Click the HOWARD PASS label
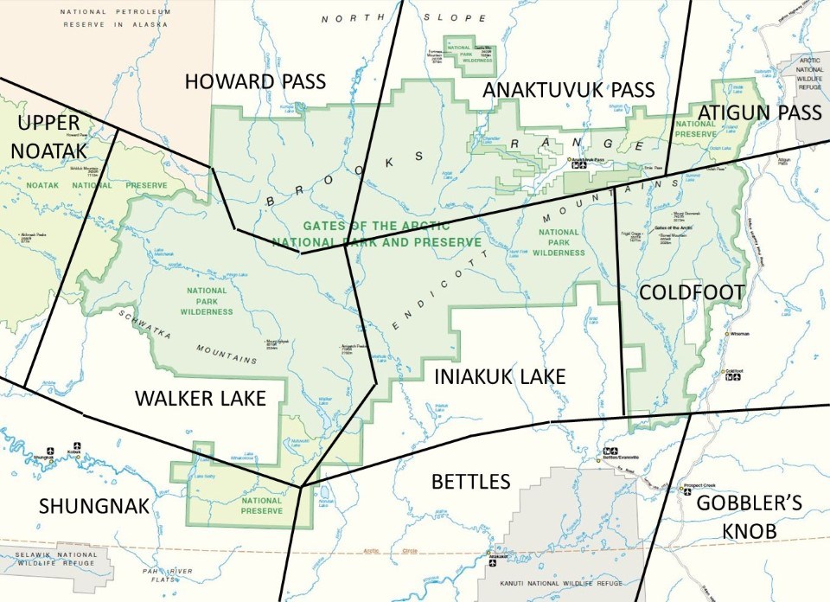click(x=255, y=82)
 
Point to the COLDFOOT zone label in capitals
click(x=692, y=292)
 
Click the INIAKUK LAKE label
click(x=500, y=377)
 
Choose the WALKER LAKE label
click(x=200, y=398)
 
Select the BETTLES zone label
click(x=470, y=481)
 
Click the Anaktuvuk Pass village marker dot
click(x=569, y=160)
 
